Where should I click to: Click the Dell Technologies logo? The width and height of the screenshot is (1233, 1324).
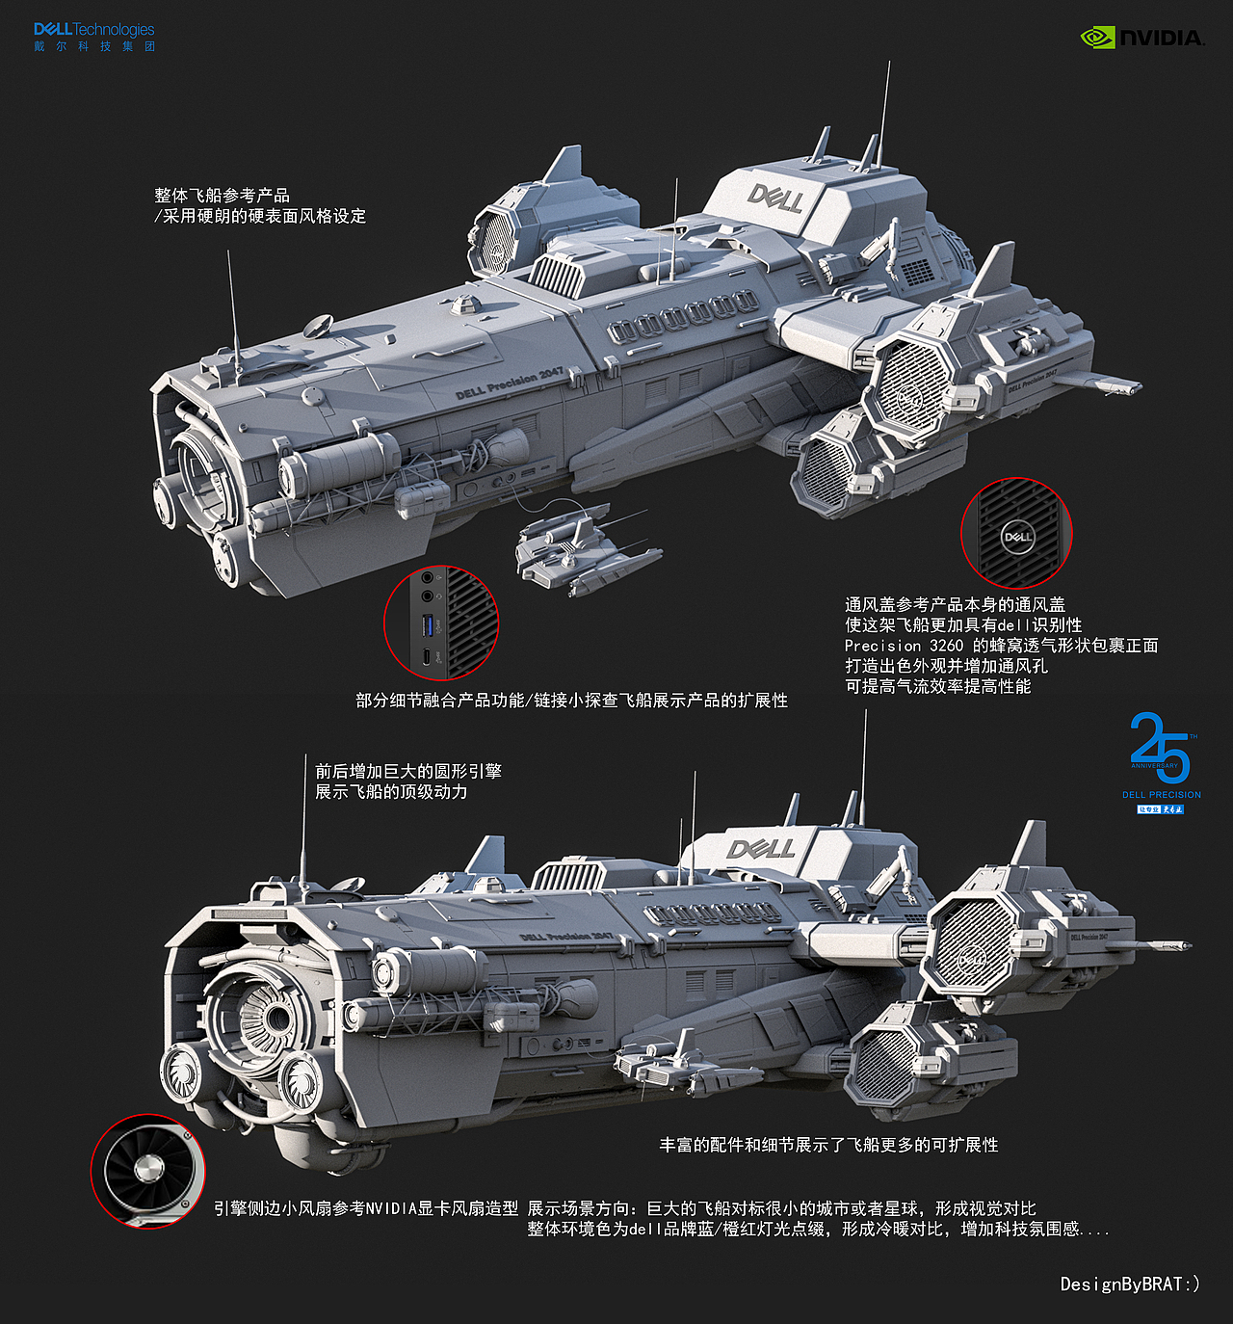point(93,37)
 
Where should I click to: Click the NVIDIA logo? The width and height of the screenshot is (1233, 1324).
point(1141,38)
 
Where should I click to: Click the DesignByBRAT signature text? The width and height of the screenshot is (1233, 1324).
point(1130,1284)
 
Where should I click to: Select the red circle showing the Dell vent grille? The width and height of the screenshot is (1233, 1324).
point(1016,533)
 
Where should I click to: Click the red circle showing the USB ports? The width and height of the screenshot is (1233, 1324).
point(440,622)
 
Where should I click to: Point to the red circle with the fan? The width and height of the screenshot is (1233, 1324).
point(147,1171)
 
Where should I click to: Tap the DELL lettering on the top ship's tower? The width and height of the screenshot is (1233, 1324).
point(775,199)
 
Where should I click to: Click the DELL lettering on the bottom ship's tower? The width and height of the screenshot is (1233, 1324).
point(761,849)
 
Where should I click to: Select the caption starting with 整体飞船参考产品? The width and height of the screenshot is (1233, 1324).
point(260,205)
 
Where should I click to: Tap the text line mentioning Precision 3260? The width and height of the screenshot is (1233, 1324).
point(1001,646)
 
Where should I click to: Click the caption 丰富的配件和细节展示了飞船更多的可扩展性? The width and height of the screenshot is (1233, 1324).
point(828,1145)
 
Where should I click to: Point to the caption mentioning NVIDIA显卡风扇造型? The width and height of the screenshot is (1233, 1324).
point(365,1208)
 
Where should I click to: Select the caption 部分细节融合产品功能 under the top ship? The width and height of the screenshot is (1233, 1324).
point(571,701)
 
